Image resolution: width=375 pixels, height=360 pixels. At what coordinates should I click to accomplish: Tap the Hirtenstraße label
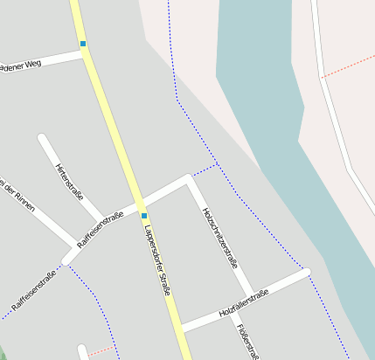click(67, 179)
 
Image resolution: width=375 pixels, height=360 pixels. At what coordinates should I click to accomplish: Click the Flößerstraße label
click(247, 341)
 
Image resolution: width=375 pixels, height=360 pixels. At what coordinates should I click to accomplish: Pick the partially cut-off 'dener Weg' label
click(21, 66)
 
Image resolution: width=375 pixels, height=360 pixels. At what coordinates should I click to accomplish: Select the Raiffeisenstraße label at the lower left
click(34, 290)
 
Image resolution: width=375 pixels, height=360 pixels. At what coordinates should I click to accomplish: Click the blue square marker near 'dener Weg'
click(83, 44)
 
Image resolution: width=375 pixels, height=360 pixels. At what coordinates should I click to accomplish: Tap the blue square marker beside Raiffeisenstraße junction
click(143, 215)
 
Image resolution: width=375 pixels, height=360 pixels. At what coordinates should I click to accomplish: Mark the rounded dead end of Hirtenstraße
click(42, 137)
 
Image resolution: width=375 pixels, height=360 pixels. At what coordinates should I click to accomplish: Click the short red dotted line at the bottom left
click(102, 351)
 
